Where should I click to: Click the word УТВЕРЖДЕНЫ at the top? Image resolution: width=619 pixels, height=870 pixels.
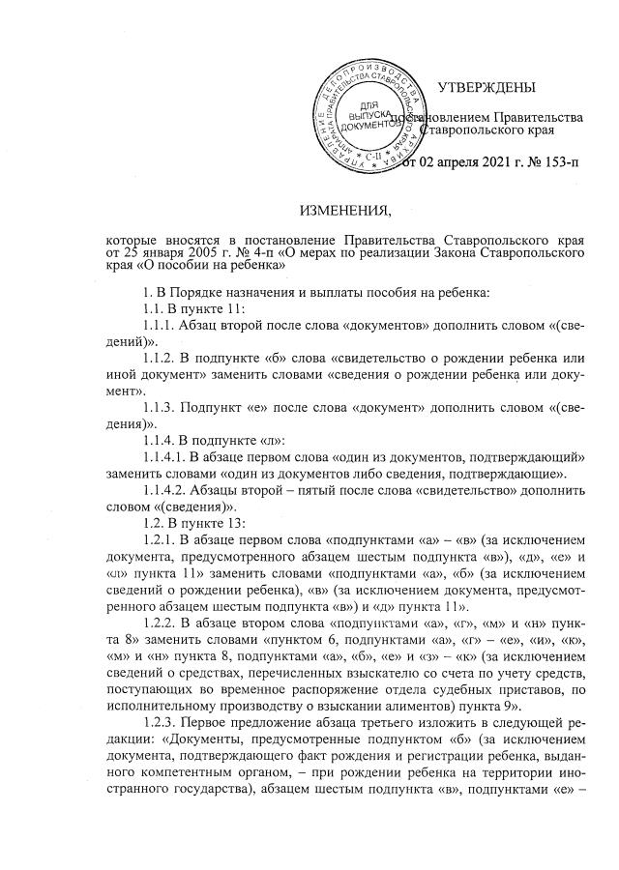coord(486,89)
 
